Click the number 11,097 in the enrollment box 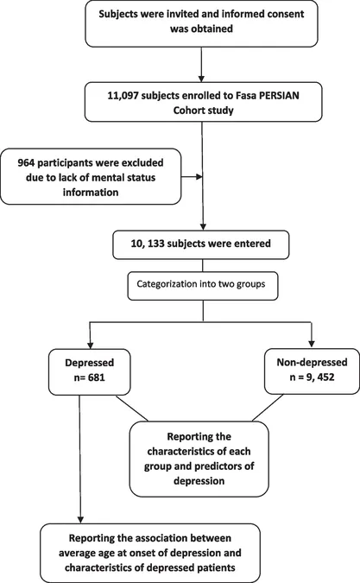click(x=123, y=96)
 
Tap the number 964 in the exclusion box click(x=26, y=163)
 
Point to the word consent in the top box click(x=286, y=14)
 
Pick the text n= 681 click(x=89, y=377)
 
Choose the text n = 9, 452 click(x=312, y=377)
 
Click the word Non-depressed click(x=312, y=363)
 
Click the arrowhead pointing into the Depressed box click(x=90, y=344)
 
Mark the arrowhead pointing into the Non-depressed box click(x=312, y=344)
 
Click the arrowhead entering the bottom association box click(x=80, y=519)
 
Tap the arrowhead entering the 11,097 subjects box click(x=201, y=79)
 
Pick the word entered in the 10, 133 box click(x=255, y=244)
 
